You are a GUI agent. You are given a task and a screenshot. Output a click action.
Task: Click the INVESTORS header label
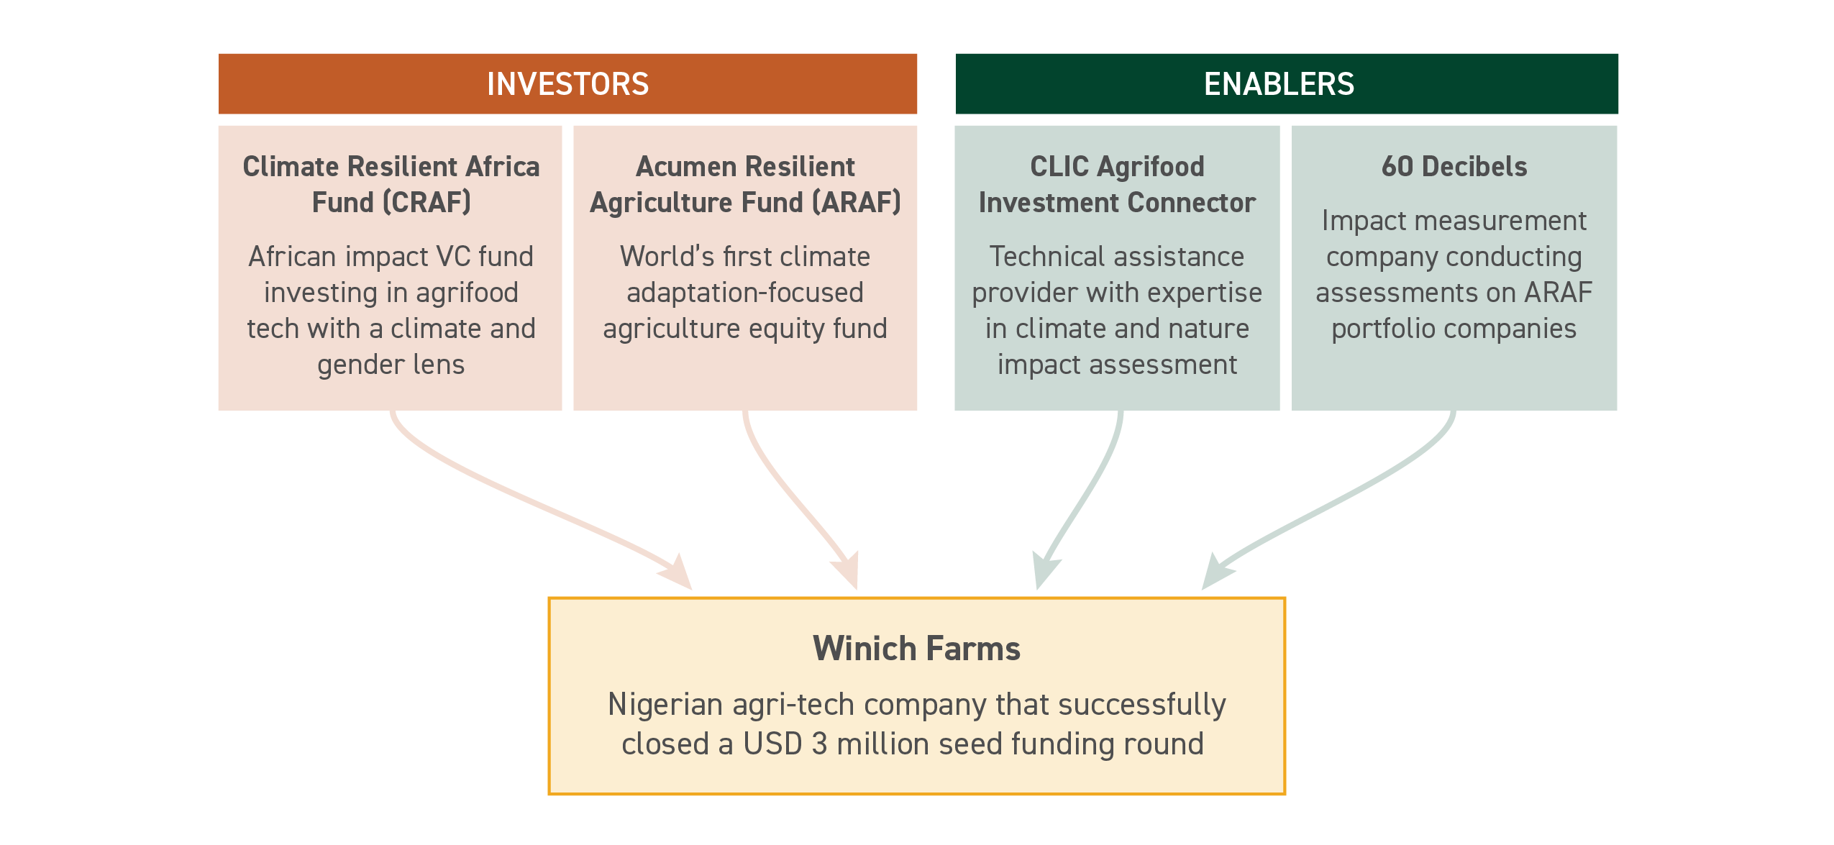(567, 84)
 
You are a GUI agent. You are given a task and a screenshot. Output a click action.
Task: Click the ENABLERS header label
(1279, 84)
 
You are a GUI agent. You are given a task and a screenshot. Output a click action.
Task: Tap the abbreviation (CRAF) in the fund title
(426, 202)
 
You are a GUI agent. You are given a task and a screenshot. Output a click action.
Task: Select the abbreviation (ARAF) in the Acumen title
(856, 202)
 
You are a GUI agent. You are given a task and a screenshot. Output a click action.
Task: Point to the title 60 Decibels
(1454, 166)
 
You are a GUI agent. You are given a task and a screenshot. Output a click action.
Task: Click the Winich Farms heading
(916, 648)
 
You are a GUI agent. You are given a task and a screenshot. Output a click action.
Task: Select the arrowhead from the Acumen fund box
(847, 571)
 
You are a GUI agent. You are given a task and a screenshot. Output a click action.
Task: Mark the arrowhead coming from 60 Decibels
(1217, 572)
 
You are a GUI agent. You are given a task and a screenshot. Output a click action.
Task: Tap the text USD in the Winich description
(772, 744)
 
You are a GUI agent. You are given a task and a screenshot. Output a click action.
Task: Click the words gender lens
(391, 365)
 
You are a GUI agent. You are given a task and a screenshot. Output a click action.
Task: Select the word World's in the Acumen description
(667, 256)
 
